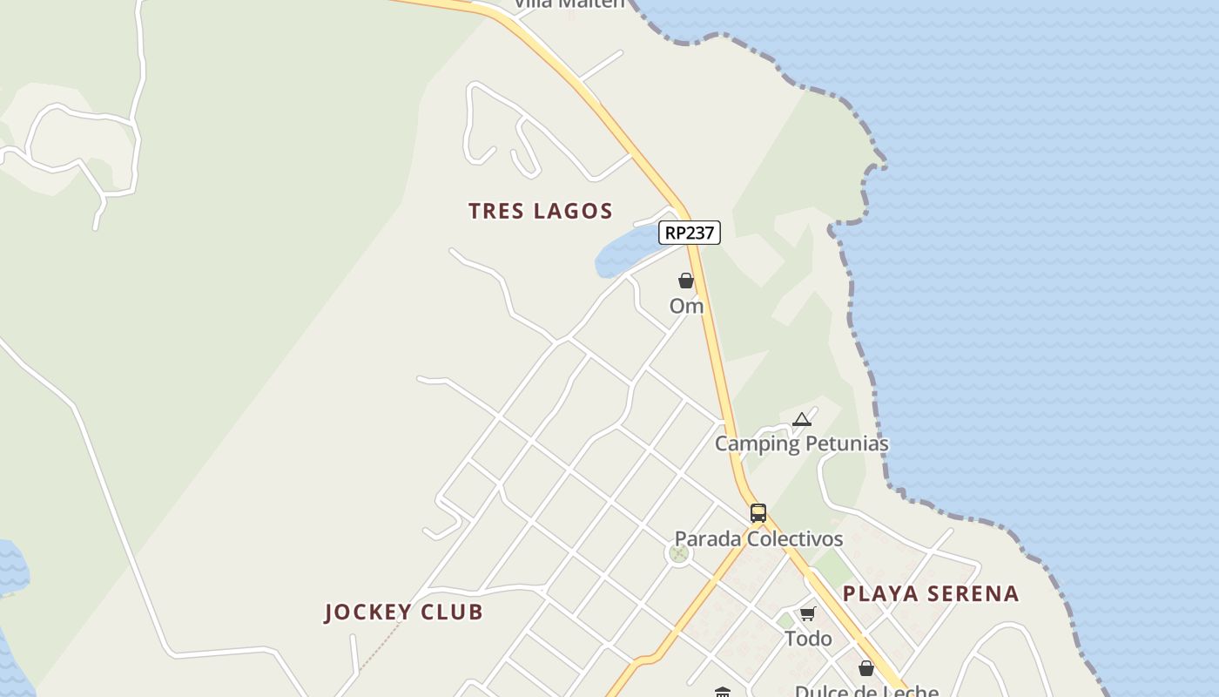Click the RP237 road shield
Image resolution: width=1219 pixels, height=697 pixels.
(x=689, y=233)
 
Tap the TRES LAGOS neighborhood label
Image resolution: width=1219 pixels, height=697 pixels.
(x=541, y=211)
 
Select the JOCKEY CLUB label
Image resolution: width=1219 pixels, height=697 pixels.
(x=404, y=612)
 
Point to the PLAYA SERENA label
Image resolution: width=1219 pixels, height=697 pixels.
(x=931, y=593)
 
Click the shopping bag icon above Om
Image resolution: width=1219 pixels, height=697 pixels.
(x=686, y=281)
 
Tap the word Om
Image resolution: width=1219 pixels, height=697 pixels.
(x=686, y=306)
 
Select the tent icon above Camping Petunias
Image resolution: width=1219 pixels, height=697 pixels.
(x=802, y=420)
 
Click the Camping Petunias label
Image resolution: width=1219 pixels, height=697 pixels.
(x=802, y=443)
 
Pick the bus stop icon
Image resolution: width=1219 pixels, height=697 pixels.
(x=758, y=513)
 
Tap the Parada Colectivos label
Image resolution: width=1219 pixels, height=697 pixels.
(x=758, y=539)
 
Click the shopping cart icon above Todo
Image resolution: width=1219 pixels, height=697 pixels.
(x=808, y=613)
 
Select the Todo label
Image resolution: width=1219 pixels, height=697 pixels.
(x=808, y=639)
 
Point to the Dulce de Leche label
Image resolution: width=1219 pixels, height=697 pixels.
(x=866, y=691)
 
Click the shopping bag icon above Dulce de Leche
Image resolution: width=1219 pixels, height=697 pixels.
(x=866, y=668)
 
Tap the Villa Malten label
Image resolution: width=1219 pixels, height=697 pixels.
(x=569, y=3)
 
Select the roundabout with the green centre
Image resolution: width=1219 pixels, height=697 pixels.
(x=679, y=552)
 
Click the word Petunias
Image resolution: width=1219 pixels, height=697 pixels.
(x=847, y=443)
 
